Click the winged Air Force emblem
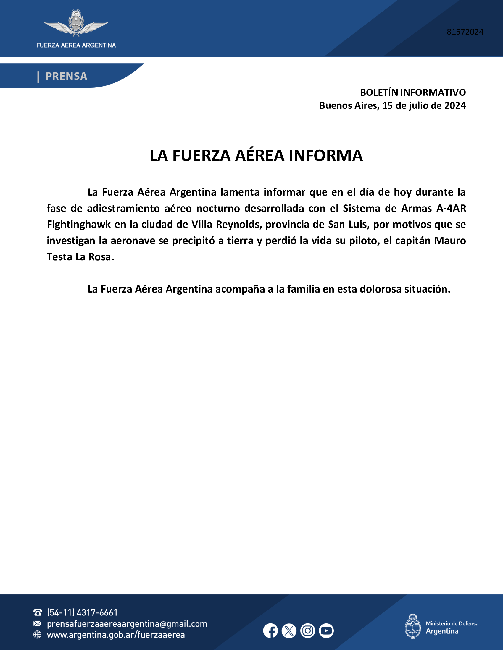(76, 24)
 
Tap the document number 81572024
(465, 32)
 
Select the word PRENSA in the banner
(66, 77)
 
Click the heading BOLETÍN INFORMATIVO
(413, 92)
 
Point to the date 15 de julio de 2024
(424, 106)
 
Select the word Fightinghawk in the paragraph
(79, 225)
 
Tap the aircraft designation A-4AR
(451, 208)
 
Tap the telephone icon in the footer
(38, 612)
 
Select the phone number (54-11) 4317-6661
(82, 612)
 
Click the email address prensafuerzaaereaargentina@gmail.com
(127, 624)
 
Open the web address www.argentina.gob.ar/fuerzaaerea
(116, 635)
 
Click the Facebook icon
(270, 631)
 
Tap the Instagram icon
(307, 631)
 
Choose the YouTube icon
(326, 631)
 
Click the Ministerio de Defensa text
(452, 623)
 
